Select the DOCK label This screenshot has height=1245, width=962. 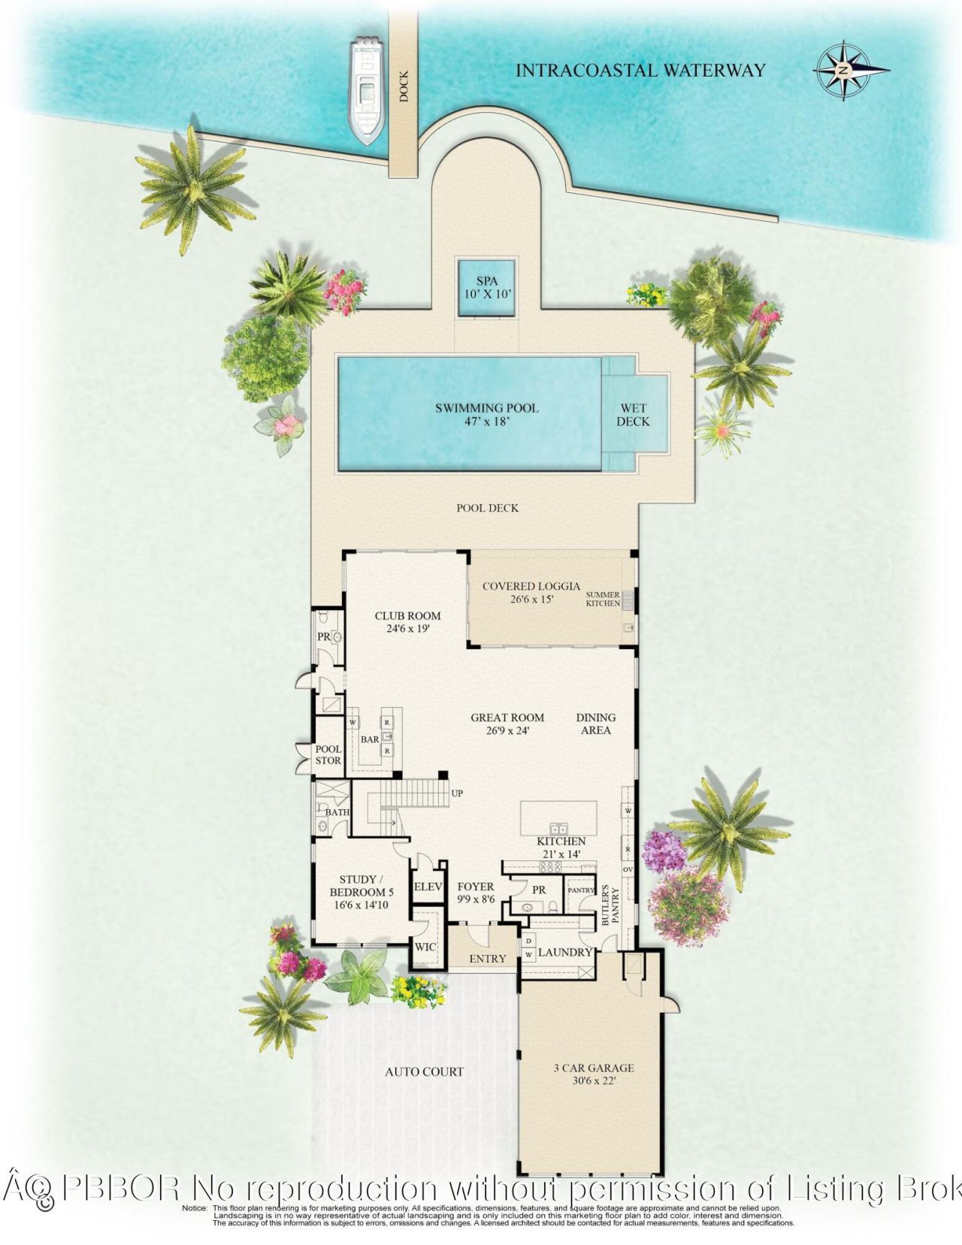click(x=404, y=86)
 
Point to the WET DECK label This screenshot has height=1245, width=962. click(x=633, y=415)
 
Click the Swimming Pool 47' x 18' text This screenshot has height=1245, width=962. click(x=487, y=415)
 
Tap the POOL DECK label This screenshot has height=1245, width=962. click(x=487, y=508)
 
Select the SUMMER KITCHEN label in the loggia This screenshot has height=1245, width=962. click(x=603, y=599)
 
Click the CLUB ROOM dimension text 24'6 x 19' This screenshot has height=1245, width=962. click(x=407, y=630)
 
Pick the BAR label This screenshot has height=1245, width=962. click(x=370, y=739)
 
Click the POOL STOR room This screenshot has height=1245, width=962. click(x=328, y=754)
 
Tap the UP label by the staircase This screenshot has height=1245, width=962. click(x=457, y=793)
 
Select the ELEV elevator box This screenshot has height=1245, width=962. click(x=428, y=887)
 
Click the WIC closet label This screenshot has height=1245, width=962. click(x=425, y=947)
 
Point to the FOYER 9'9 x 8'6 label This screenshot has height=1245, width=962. click(x=476, y=893)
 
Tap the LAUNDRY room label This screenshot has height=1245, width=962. click(x=565, y=953)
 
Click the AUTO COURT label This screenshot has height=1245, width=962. click(x=424, y=1072)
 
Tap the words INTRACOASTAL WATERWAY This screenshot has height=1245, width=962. click(x=640, y=71)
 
